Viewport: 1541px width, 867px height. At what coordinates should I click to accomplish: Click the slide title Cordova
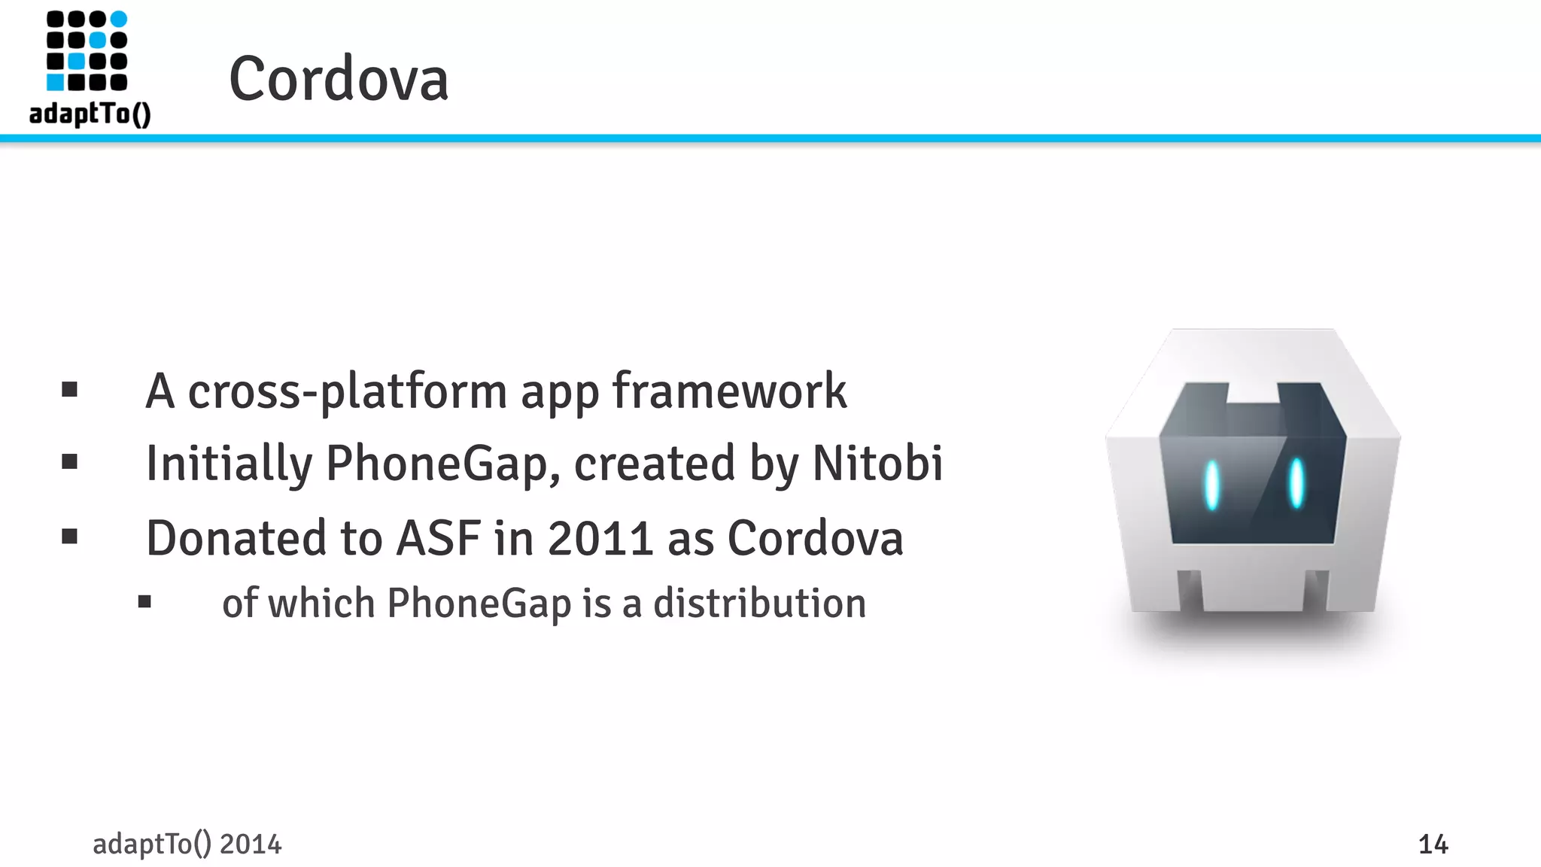pyautogui.click(x=339, y=79)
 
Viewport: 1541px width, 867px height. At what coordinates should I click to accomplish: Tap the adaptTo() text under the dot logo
pyautogui.click(x=90, y=114)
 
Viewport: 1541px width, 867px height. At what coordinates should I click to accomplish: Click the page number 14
pyautogui.click(x=1433, y=844)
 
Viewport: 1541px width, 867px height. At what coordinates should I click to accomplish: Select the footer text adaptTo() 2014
pyautogui.click(x=187, y=844)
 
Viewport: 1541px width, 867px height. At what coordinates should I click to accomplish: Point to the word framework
pyautogui.click(x=729, y=391)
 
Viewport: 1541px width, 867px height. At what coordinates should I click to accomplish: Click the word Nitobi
pyautogui.click(x=877, y=463)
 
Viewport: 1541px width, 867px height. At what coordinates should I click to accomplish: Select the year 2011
pyautogui.click(x=600, y=538)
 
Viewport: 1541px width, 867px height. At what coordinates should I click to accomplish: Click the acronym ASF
pyautogui.click(x=438, y=538)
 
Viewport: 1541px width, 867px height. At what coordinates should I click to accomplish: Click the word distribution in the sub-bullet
pyautogui.click(x=759, y=604)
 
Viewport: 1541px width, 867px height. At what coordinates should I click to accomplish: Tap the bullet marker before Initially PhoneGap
pyautogui.click(x=70, y=461)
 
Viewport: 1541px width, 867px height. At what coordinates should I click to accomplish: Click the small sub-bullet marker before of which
pyautogui.click(x=145, y=601)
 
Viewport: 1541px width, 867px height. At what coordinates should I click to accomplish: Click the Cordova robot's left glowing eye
pyautogui.click(x=1211, y=485)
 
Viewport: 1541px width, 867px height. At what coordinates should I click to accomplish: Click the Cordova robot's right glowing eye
pyautogui.click(x=1296, y=484)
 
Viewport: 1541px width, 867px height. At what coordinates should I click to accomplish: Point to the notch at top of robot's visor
pyautogui.click(x=1253, y=392)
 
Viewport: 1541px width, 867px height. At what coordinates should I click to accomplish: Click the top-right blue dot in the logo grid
pyautogui.click(x=119, y=19)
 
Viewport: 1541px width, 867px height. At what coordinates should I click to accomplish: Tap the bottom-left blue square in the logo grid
pyautogui.click(x=56, y=81)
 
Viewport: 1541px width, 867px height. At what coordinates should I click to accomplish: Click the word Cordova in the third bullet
pyautogui.click(x=815, y=538)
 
